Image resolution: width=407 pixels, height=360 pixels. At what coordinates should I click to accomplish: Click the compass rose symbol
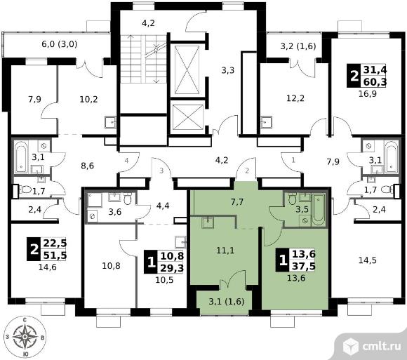tap(25, 336)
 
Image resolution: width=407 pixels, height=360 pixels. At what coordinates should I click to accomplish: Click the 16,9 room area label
tap(368, 93)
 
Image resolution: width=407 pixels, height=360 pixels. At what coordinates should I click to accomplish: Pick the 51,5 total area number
tap(55, 255)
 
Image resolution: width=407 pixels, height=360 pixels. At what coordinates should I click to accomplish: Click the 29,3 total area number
tap(172, 267)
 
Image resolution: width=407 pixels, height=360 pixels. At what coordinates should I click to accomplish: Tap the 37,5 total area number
tap(304, 266)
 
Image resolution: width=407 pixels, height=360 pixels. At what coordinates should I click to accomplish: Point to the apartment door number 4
tap(126, 161)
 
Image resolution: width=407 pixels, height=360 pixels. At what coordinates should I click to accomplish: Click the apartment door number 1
tap(293, 160)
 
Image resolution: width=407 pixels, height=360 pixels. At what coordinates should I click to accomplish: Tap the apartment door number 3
tap(161, 171)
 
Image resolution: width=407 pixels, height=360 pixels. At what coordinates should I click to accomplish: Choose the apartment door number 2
tap(247, 171)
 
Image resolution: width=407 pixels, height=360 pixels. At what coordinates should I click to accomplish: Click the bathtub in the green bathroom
tap(318, 210)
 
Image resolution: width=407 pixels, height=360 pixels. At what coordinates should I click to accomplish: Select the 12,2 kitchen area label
tap(295, 98)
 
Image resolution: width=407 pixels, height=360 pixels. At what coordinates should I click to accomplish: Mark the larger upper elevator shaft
tap(187, 70)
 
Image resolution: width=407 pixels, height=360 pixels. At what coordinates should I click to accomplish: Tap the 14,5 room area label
tap(368, 260)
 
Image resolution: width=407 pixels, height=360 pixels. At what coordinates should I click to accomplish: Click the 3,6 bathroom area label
tap(115, 212)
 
